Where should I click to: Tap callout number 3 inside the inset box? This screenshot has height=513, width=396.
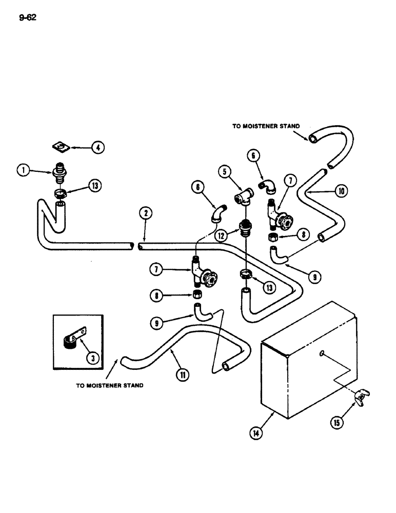93,358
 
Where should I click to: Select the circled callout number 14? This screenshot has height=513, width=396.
255,433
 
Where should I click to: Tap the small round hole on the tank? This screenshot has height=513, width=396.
321,353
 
